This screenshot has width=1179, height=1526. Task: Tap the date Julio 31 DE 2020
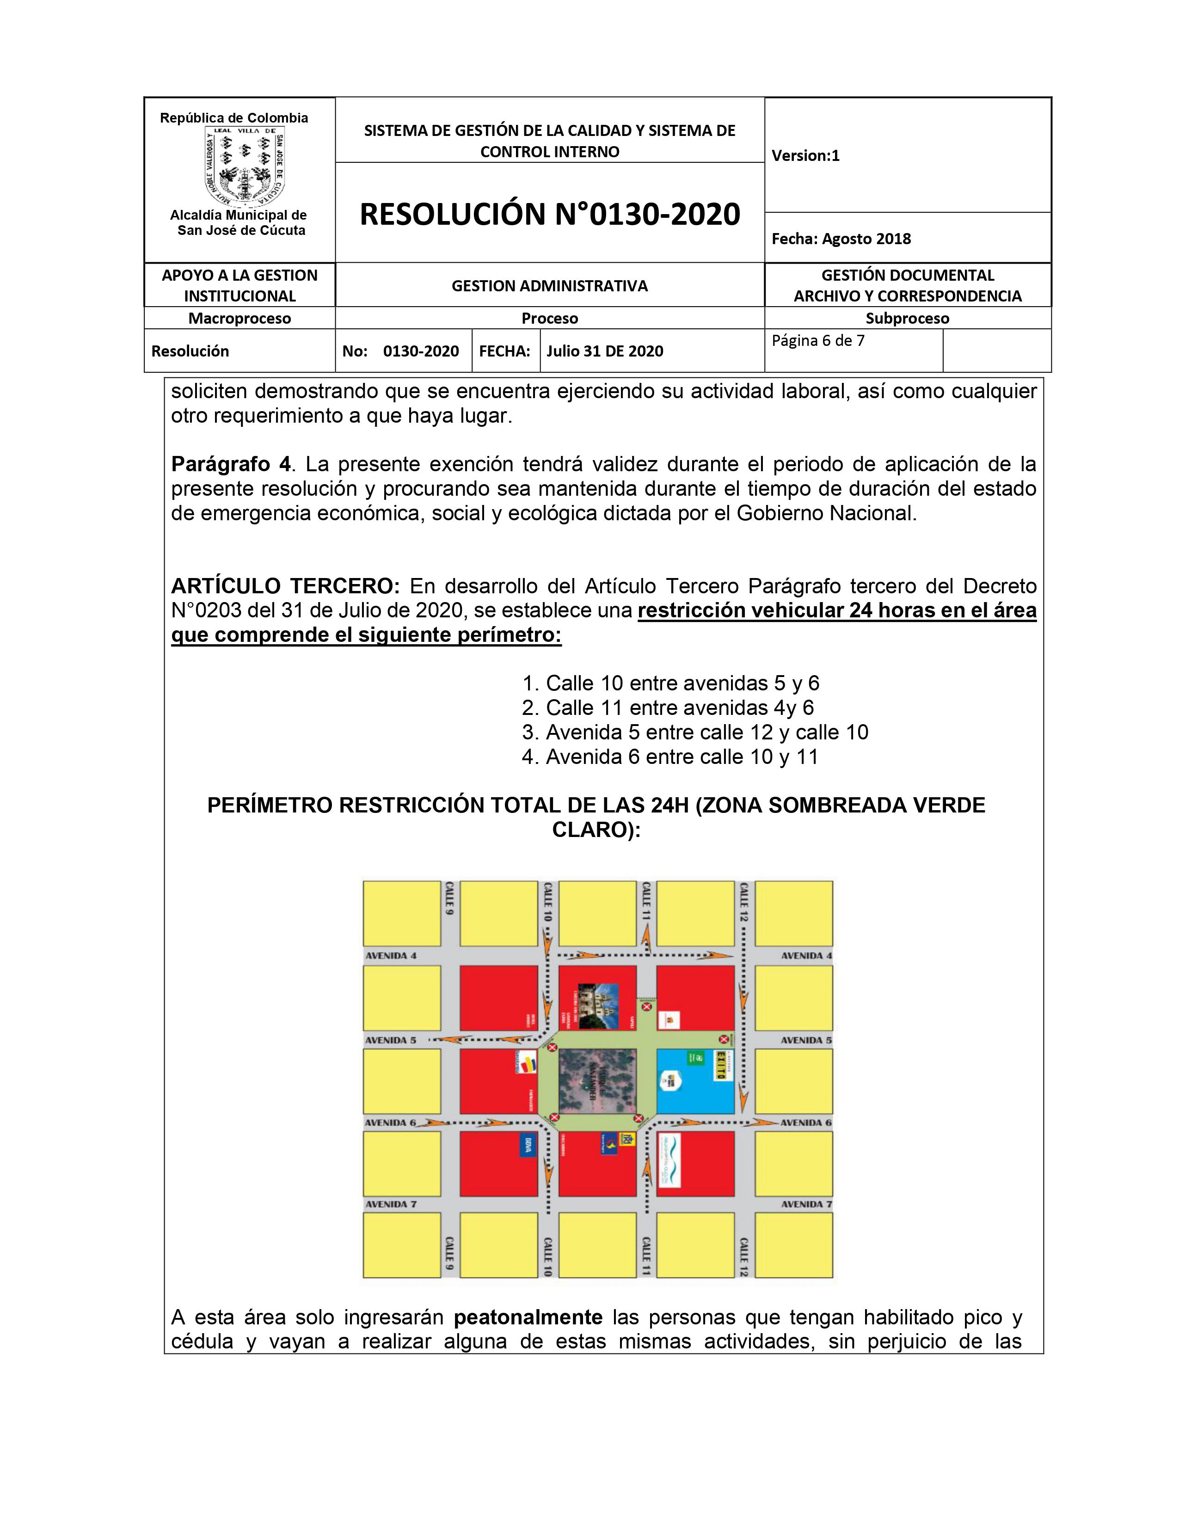(605, 351)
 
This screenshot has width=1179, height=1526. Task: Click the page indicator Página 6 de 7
(818, 341)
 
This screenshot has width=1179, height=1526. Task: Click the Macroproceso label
(239, 319)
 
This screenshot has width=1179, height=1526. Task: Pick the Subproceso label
(907, 319)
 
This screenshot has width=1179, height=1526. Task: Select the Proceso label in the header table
(550, 319)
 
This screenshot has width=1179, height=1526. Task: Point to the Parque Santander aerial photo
(597, 1079)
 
